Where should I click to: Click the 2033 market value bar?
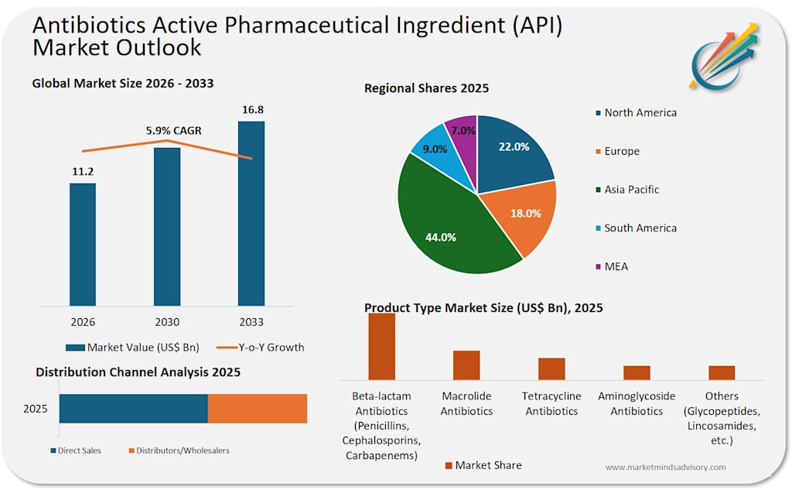click(251, 214)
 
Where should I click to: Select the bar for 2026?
click(83, 245)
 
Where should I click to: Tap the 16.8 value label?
click(253, 110)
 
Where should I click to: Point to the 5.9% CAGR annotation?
click(174, 131)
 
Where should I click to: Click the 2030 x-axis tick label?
click(167, 322)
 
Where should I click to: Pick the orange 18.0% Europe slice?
click(523, 215)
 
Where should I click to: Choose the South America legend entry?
click(637, 228)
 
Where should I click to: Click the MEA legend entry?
click(613, 266)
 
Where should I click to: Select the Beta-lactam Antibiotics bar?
click(382, 346)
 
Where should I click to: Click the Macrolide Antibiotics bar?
click(466, 365)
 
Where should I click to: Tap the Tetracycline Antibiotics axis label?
click(551, 403)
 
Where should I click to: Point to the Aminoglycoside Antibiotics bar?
click(637, 372)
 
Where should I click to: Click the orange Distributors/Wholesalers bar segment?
click(258, 409)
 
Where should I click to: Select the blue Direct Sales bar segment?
click(133, 409)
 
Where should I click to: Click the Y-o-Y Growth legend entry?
click(260, 348)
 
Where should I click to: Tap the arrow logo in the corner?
click(723, 58)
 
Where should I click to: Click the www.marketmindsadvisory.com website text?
click(666, 468)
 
